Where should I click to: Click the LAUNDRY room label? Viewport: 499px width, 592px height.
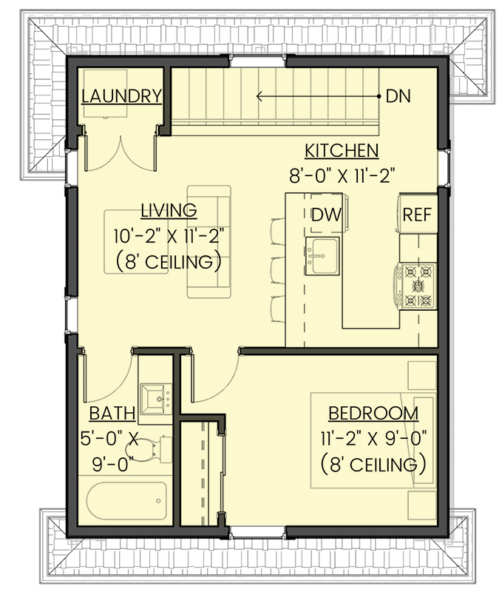122,96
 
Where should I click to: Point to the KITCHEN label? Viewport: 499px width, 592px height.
342,151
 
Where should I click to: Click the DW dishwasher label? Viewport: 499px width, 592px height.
325,215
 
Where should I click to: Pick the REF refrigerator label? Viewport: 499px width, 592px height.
416,215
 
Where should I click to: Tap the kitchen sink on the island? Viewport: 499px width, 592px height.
322,256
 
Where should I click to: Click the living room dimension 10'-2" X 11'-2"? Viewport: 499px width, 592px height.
169,236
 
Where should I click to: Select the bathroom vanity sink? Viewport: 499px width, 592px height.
155,398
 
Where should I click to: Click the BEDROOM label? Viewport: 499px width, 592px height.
373,413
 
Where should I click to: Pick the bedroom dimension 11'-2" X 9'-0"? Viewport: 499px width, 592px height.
373,439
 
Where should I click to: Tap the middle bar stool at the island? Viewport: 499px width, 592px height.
276,267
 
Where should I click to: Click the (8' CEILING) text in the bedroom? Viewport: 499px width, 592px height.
373,465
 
